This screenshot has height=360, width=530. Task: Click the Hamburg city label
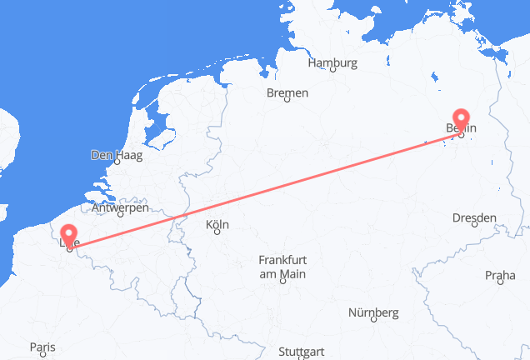[332, 62]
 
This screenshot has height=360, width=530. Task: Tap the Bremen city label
[287, 92]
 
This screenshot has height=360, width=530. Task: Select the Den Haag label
[116, 155]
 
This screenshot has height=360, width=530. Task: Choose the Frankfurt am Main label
[282, 267]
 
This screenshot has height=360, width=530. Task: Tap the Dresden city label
[474, 217]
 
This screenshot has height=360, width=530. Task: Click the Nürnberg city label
[373, 312]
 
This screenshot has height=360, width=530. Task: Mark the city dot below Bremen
[287, 101]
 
